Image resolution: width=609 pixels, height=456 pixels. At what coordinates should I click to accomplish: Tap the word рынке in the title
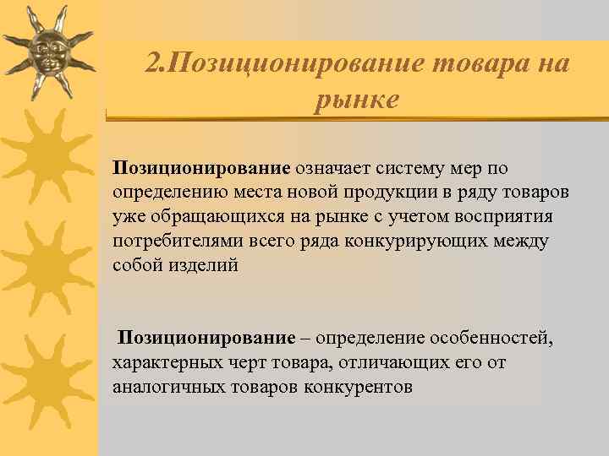point(355,100)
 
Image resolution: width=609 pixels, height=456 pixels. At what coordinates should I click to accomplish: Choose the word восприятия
point(506,217)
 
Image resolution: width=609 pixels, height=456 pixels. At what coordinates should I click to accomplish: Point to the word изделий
point(203,266)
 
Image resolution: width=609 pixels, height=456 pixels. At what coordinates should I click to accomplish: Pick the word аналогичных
point(162,388)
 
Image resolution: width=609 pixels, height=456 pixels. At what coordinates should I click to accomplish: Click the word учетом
point(398,217)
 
